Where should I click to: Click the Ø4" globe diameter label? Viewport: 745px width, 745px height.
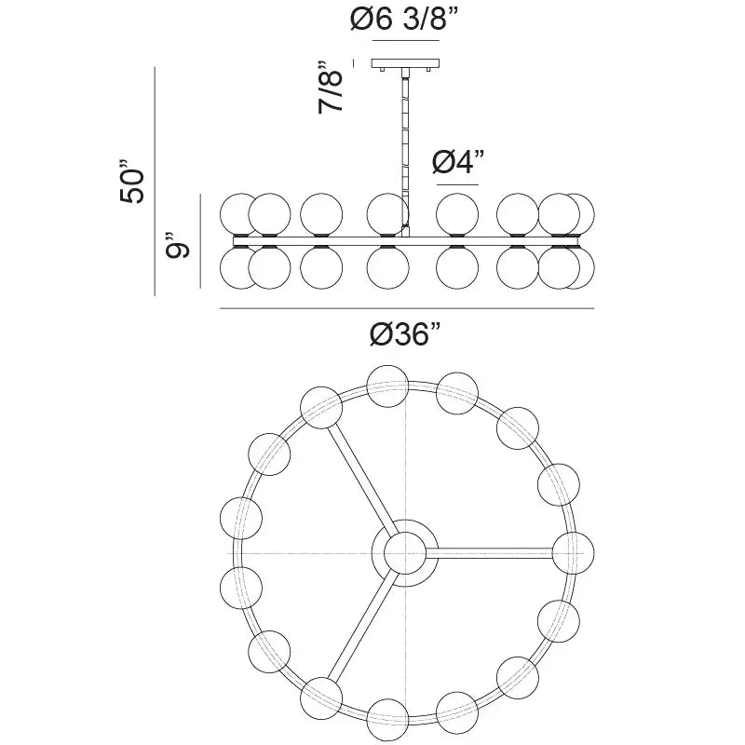(460, 162)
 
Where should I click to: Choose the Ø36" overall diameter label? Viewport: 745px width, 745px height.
(405, 333)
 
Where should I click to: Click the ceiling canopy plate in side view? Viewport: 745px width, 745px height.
(405, 64)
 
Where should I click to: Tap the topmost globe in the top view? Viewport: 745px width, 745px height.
(387, 383)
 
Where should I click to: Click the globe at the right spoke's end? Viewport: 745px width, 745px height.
(571, 550)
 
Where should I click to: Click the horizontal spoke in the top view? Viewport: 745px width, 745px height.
(494, 551)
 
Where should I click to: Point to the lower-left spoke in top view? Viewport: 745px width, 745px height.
(359, 628)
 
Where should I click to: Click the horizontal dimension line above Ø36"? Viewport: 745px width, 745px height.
(406, 308)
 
